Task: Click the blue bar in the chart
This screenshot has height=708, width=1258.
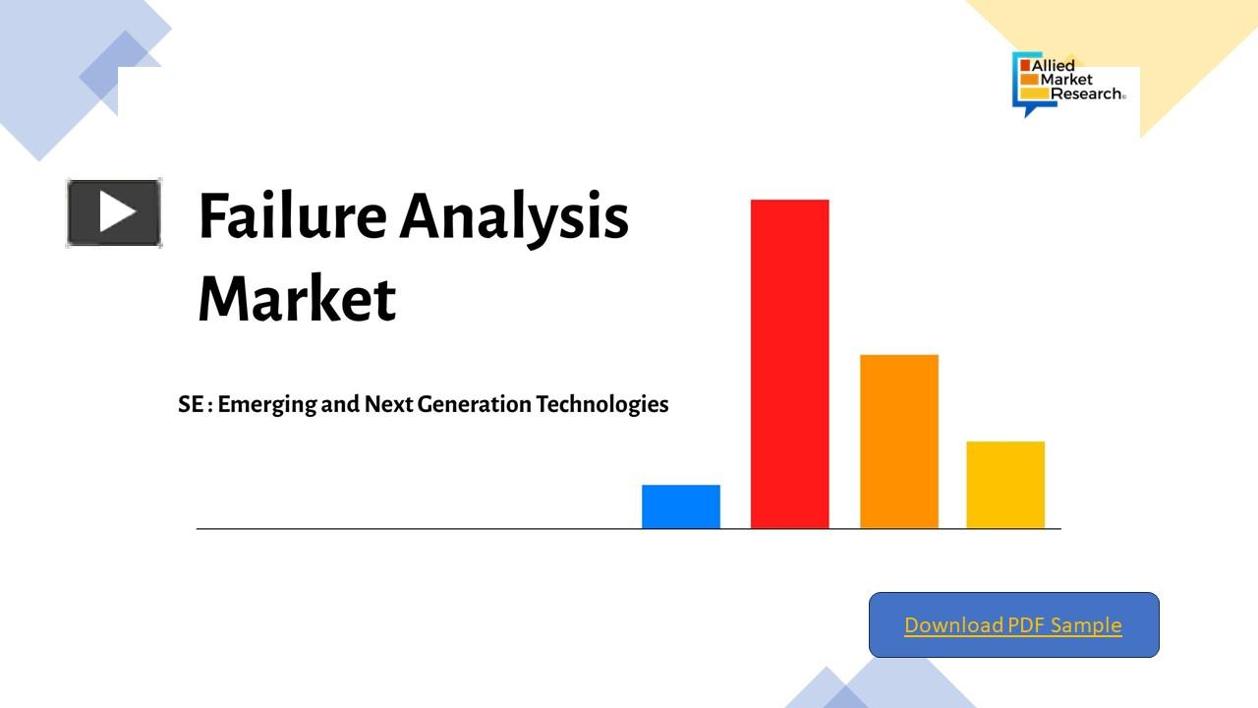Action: tap(681, 506)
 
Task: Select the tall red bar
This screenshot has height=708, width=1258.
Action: tap(789, 364)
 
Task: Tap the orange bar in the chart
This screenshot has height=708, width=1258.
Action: tap(898, 442)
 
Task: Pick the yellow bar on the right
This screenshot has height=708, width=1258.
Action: tap(1005, 485)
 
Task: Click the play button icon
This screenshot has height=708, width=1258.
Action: tap(114, 212)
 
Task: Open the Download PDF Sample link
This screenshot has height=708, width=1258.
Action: tap(1013, 625)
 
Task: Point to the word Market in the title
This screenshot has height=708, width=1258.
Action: tap(297, 299)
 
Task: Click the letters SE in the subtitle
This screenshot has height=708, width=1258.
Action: tap(191, 404)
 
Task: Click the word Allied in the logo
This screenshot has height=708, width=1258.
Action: tap(1053, 66)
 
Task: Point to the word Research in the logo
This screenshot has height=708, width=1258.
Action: tap(1086, 93)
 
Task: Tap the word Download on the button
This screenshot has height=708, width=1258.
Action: tap(941, 625)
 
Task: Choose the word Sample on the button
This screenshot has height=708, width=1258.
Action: tap(1086, 625)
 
